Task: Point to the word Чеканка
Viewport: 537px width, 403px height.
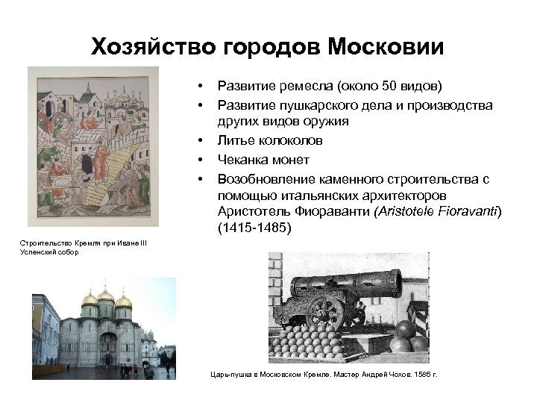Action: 240,159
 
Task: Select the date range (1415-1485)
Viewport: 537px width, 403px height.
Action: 254,229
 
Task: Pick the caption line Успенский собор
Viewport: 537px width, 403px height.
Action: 45,252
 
